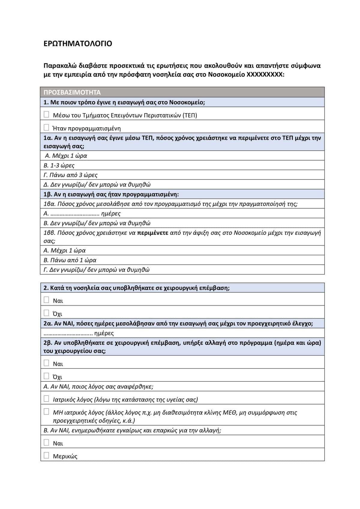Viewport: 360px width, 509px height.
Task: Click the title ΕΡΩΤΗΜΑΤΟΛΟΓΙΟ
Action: point(78,44)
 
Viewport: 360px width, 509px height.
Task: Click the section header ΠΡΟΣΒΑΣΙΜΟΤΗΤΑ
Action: point(72,92)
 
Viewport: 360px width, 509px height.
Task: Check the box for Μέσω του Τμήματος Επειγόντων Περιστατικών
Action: point(46,114)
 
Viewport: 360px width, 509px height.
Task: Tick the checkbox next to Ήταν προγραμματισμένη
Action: point(46,128)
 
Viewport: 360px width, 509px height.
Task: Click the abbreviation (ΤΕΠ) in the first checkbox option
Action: point(190,116)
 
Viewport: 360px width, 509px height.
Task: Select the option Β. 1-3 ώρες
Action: point(59,165)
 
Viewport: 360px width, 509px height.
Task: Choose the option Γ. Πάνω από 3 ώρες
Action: point(70,175)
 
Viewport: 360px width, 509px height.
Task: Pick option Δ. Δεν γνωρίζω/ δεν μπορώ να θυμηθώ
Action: point(97,185)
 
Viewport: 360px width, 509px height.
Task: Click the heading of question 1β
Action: point(111,194)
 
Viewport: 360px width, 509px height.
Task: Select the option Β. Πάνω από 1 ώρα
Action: point(70,260)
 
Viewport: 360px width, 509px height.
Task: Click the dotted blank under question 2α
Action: point(68,333)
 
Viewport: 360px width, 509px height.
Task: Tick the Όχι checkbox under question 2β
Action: point(46,376)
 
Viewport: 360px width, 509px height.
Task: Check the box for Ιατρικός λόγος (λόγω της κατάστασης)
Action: point(46,399)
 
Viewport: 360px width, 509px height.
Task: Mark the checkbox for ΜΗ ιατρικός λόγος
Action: point(46,411)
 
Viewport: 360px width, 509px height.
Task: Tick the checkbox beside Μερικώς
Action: point(46,455)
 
